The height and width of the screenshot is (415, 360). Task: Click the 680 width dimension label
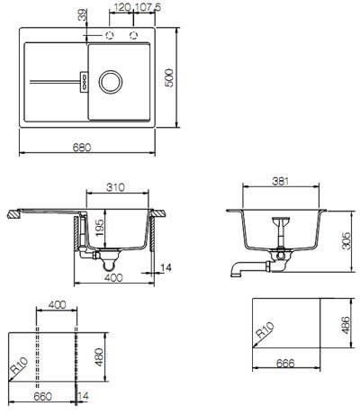coord(82,148)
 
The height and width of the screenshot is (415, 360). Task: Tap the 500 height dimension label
coord(169,77)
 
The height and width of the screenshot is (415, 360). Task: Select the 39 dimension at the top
coord(83,14)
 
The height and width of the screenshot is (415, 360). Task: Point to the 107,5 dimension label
coord(147,7)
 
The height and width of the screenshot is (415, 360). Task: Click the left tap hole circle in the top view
coord(110,35)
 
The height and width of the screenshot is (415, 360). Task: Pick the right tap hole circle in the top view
coord(133,35)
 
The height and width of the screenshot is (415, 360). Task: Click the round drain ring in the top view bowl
coord(111,81)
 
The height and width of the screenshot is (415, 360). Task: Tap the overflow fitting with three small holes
coord(84,81)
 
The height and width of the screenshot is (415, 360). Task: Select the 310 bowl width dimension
coord(115,187)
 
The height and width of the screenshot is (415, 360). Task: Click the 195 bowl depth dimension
coord(99,228)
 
